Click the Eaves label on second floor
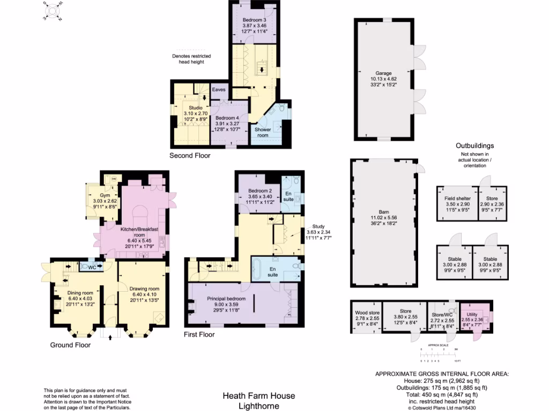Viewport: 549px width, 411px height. pyautogui.click(x=219, y=89)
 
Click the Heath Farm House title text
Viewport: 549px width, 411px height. pyautogui.click(x=259, y=396)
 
